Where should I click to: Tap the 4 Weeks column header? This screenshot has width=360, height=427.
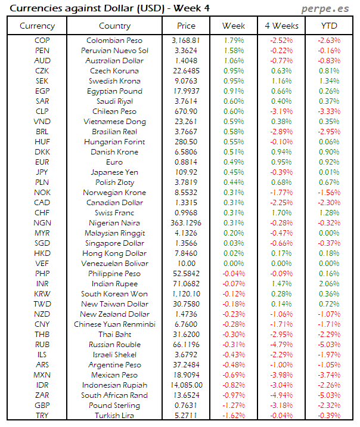pos(281,26)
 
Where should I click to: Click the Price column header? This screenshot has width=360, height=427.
pos(186,26)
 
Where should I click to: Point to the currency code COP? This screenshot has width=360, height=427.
pos(42,41)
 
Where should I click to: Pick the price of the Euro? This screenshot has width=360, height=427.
pos(186,162)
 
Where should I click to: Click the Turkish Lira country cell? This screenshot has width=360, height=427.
pos(115,416)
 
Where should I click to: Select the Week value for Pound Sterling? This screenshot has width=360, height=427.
pos(234,406)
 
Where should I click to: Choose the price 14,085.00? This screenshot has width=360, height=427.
pos(186,385)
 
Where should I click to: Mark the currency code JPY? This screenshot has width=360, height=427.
pos(42,172)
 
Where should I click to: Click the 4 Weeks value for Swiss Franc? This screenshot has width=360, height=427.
pos(281,213)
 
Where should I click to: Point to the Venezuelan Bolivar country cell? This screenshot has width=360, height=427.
pos(115,264)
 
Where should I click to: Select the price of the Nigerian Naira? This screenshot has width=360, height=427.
pos(186,223)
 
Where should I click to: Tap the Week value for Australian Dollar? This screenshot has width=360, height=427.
pos(234,61)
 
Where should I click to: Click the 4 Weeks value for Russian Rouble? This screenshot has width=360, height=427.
pos(281,345)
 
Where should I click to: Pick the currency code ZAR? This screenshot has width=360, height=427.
pos(42,395)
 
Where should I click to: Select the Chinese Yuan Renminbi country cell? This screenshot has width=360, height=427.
pos(115,324)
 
